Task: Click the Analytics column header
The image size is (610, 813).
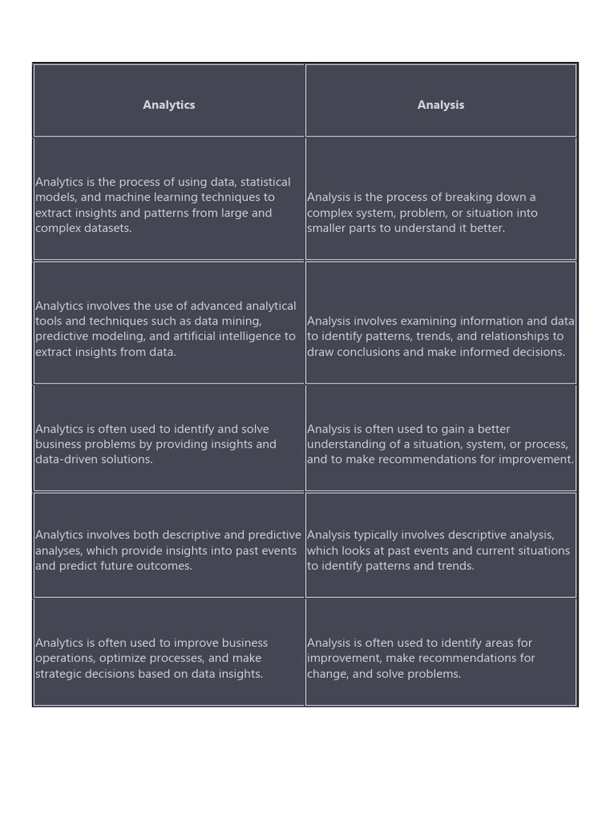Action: coord(168,105)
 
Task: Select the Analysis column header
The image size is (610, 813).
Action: coord(441,105)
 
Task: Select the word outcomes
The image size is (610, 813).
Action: coord(166,566)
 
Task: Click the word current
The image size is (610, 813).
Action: coord(497,550)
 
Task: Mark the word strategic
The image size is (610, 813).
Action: coord(60,674)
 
